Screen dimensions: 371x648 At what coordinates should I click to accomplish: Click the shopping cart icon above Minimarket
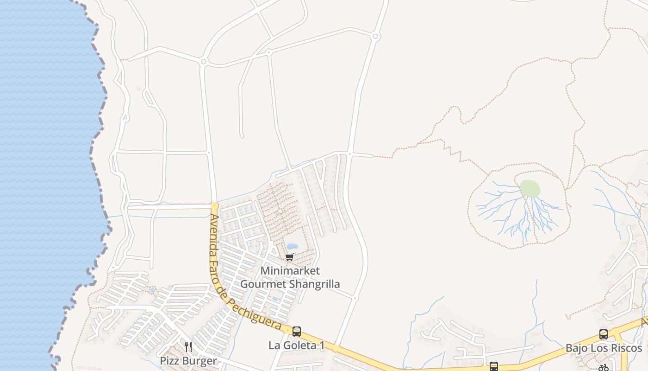tap(290, 257)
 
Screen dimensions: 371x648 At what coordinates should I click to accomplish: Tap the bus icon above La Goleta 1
tap(297, 332)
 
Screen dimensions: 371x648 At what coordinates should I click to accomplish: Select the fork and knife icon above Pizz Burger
tap(188, 347)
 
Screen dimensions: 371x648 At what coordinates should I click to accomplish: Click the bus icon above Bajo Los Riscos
tap(604, 334)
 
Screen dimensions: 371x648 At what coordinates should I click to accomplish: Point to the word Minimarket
tap(290, 270)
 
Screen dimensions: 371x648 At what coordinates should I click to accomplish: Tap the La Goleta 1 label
tap(297, 345)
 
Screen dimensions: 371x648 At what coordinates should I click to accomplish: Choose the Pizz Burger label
tap(188, 361)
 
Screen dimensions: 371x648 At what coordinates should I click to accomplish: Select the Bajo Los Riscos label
tap(604, 348)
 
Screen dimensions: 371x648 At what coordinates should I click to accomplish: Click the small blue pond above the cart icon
tap(292, 246)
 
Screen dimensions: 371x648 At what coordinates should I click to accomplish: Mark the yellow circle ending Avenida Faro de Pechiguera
tap(214, 205)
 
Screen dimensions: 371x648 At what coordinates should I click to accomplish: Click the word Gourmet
tap(260, 284)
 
